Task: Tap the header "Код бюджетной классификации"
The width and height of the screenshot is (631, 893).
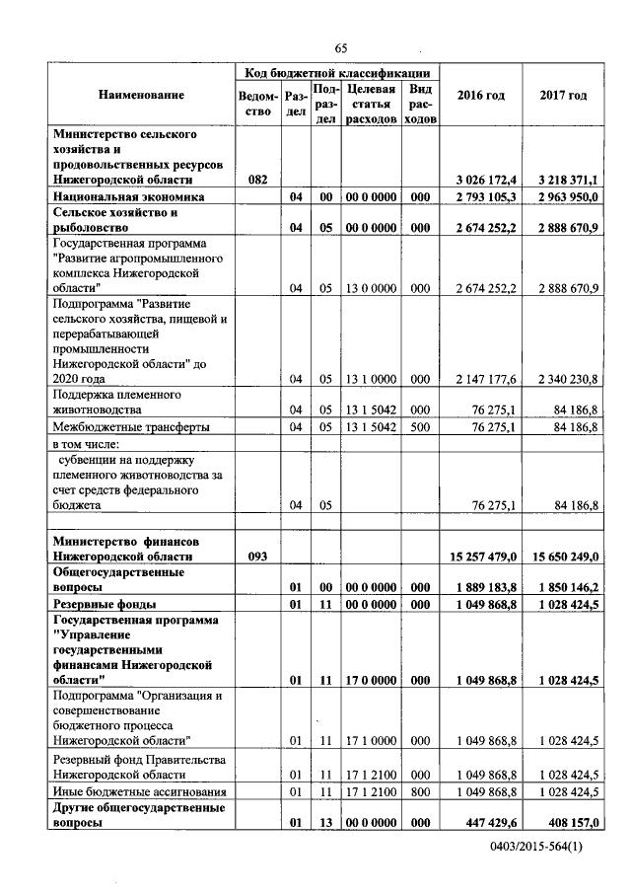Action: [x=337, y=72]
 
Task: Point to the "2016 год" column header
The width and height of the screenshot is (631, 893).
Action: [x=481, y=95]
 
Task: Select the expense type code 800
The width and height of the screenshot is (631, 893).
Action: [x=420, y=791]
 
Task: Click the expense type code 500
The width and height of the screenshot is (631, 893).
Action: [x=420, y=426]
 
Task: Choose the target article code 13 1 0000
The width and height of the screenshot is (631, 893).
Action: [x=372, y=378]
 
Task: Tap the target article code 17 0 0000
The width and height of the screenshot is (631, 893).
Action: [x=372, y=680]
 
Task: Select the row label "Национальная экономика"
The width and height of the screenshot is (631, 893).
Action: [x=128, y=197]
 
